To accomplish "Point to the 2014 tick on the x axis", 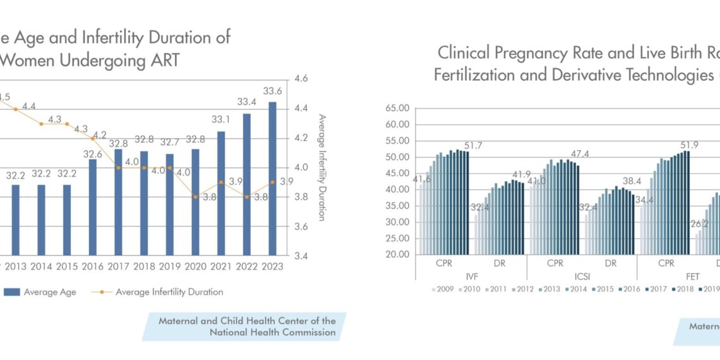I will tap(41, 267).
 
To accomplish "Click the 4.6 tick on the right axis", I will tap(301, 80).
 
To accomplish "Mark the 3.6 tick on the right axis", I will tap(301, 227).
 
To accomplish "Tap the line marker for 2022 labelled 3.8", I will tap(246, 196).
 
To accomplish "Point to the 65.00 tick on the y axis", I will tap(397, 108).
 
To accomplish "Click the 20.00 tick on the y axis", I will tap(397, 255).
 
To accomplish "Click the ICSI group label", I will tap(581, 276).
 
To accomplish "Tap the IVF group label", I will tap(471, 276).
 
